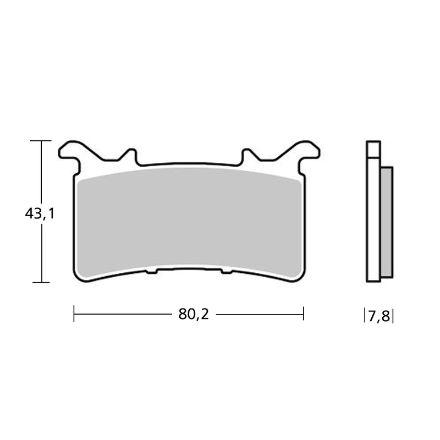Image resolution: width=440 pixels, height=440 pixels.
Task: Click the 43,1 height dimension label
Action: [x=40, y=213]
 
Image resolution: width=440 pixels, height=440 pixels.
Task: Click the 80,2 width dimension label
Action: [x=194, y=315]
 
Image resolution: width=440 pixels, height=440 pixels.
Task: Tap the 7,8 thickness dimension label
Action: [x=379, y=316]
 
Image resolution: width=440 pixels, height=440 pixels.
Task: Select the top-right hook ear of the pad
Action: [x=306, y=151]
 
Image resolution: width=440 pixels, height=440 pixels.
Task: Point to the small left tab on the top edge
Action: [x=130, y=155]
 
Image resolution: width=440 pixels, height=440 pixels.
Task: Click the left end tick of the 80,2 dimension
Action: [x=74, y=315]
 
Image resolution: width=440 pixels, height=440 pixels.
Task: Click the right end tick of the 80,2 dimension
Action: [x=304, y=315]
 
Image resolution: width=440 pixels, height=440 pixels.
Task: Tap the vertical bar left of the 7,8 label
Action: [x=365, y=316]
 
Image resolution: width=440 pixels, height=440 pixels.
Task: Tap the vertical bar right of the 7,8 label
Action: [x=393, y=316]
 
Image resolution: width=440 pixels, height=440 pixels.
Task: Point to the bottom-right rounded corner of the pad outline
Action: [x=300, y=276]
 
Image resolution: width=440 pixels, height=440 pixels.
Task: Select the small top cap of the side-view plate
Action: [x=373, y=149]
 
